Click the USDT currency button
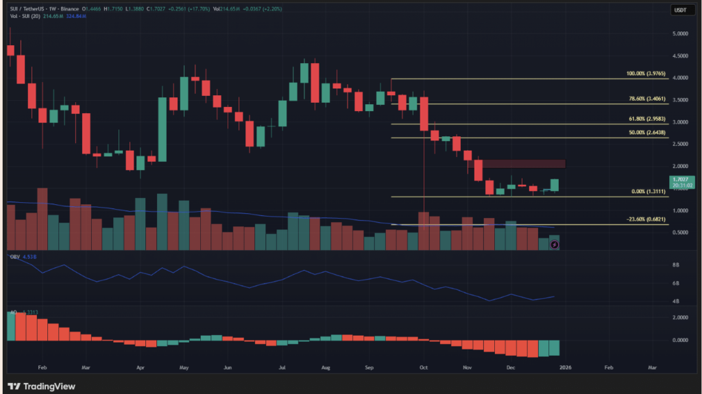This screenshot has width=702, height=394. [679, 10]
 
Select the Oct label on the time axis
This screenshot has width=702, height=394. [423, 367]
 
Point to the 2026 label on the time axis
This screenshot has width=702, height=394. [564, 367]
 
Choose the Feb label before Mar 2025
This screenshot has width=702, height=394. [42, 367]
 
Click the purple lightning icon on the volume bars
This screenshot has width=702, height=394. [554, 245]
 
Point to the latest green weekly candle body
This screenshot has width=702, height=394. [554, 184]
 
